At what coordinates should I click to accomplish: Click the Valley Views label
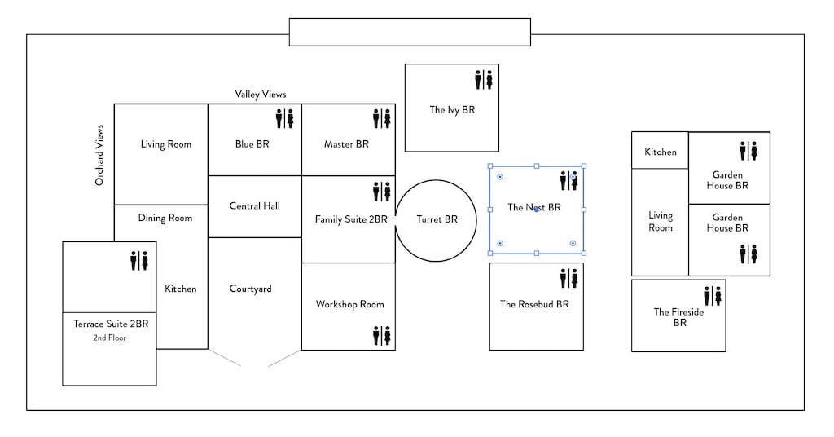tap(261, 95)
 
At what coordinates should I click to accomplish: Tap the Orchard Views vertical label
tap(99, 155)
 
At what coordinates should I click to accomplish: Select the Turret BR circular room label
tap(437, 219)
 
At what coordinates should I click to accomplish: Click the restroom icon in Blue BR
tap(284, 119)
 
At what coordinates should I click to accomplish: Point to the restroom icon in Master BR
tap(382, 119)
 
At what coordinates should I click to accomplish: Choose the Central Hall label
tap(255, 206)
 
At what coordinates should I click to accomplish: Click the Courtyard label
tap(251, 289)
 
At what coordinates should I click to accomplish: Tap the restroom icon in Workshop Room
tap(382, 335)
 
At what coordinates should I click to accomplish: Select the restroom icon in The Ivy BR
tap(484, 79)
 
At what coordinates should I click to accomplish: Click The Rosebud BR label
tap(535, 304)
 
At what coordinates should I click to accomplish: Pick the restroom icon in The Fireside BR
tap(713, 295)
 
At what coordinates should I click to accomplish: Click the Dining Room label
tap(165, 218)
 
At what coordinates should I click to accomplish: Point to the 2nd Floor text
tap(111, 338)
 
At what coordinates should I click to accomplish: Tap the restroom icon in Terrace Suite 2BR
tap(140, 261)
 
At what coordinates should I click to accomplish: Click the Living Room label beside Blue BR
tap(165, 144)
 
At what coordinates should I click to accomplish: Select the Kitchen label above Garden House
tap(661, 152)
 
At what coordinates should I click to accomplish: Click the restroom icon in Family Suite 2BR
tap(382, 192)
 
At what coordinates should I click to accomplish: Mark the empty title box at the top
tap(410, 32)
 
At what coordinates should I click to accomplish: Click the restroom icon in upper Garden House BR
tap(749, 151)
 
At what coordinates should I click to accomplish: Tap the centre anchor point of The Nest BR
tap(536, 210)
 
